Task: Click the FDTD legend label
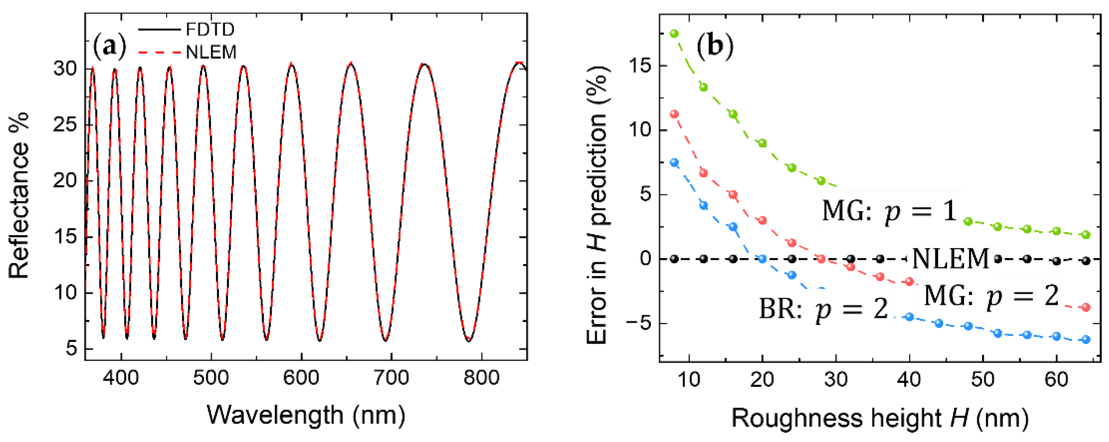click(210, 30)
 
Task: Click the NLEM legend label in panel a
click(211, 52)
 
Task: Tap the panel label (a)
click(110, 46)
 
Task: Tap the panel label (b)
click(715, 45)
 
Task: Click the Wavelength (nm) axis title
click(306, 415)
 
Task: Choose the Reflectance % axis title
click(19, 196)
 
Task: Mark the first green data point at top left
click(674, 33)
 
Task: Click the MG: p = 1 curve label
click(889, 211)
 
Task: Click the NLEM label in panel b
click(950, 259)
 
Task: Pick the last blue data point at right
click(1086, 339)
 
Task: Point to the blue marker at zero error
click(762, 259)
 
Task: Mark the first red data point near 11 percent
click(674, 114)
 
